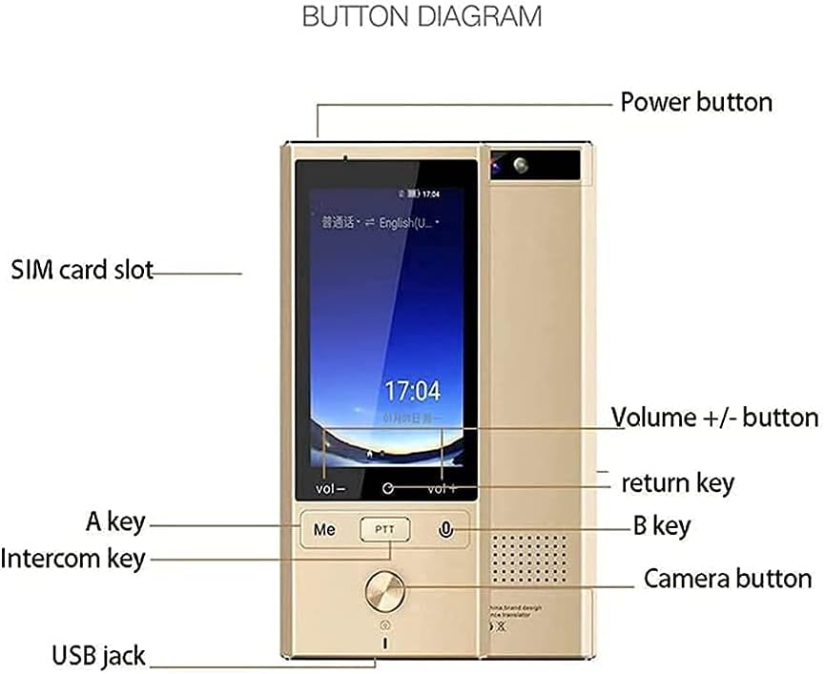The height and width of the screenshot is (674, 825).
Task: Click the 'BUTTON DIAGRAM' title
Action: click(x=422, y=16)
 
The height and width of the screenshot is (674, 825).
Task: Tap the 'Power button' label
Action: click(x=696, y=102)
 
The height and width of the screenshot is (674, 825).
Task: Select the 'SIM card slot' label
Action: click(x=82, y=270)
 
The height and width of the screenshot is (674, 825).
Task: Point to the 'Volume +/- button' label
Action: click(x=714, y=417)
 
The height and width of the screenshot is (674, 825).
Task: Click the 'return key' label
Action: click(x=677, y=482)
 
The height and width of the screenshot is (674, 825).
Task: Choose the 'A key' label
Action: click(x=114, y=521)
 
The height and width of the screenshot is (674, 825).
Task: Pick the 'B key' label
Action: click(x=662, y=525)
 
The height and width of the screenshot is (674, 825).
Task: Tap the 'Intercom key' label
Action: click(x=73, y=558)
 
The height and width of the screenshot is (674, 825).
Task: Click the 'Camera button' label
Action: click(x=728, y=579)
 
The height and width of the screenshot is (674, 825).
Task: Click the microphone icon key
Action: click(x=445, y=529)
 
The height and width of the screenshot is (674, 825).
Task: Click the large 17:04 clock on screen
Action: click(x=412, y=391)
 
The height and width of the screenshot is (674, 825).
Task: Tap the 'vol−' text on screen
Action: click(x=331, y=489)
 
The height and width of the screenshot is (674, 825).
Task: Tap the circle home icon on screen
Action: click(x=387, y=488)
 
